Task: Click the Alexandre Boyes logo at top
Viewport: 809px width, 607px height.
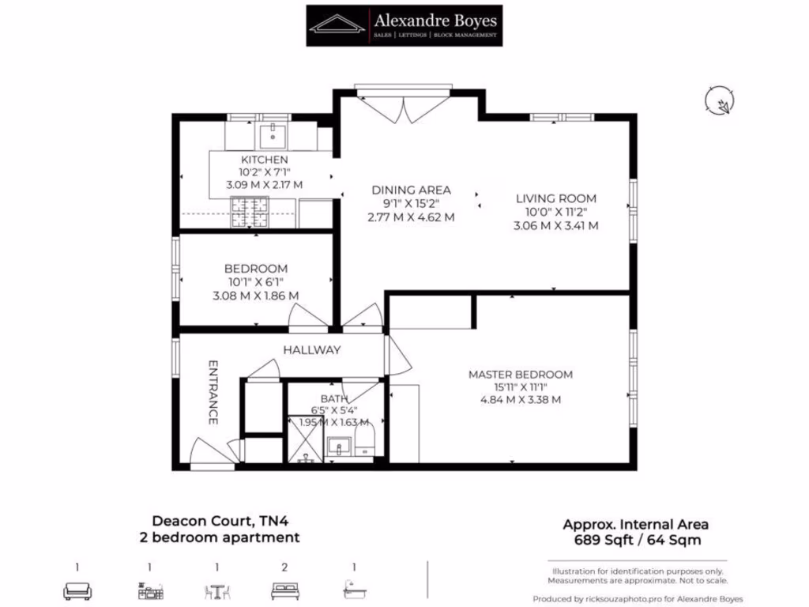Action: pyautogui.click(x=404, y=25)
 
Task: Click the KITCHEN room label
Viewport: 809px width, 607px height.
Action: pyautogui.click(x=264, y=160)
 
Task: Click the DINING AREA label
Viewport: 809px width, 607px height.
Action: pyautogui.click(x=411, y=190)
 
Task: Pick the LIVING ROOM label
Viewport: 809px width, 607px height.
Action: pyautogui.click(x=555, y=198)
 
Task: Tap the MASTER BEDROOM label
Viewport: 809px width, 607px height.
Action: pyautogui.click(x=520, y=374)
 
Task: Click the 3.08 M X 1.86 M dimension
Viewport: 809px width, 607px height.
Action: pyautogui.click(x=255, y=296)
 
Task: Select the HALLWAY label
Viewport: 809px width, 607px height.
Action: pyautogui.click(x=312, y=350)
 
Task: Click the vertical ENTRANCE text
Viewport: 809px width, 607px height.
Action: pyautogui.click(x=213, y=392)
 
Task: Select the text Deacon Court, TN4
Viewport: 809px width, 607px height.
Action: pyautogui.click(x=217, y=521)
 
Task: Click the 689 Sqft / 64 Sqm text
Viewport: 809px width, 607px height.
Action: pyautogui.click(x=635, y=541)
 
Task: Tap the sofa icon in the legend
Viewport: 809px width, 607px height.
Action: pyautogui.click(x=77, y=590)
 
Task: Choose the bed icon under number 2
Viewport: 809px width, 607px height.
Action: pyautogui.click(x=284, y=590)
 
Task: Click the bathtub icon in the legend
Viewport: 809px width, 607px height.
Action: pyautogui.click(x=354, y=590)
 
